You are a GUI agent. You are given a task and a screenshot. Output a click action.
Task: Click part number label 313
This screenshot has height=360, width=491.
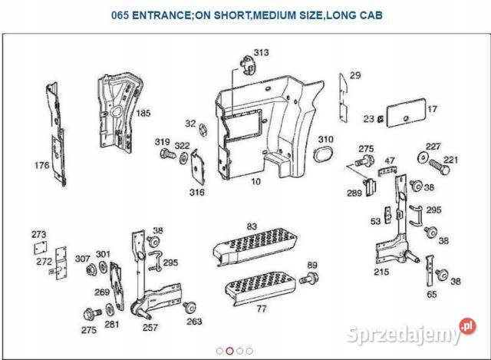262,53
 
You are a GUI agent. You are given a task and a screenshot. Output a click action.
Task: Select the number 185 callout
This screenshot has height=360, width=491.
143,113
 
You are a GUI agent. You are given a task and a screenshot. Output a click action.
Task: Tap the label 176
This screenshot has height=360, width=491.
42,165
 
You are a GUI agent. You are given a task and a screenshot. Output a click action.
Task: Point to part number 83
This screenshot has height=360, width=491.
251,226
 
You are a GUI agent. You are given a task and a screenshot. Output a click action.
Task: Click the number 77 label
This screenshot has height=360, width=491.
261,309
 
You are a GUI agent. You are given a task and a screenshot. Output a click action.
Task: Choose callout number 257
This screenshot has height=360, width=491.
150,326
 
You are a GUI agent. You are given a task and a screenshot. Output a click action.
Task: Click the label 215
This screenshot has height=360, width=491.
381,272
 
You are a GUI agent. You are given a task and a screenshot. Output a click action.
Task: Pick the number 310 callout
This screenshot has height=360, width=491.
326,140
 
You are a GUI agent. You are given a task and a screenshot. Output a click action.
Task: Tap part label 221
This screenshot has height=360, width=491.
450,160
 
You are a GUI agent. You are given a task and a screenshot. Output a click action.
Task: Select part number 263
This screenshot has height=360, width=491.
194,322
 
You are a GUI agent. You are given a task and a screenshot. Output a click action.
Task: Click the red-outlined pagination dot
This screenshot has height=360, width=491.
230,351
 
